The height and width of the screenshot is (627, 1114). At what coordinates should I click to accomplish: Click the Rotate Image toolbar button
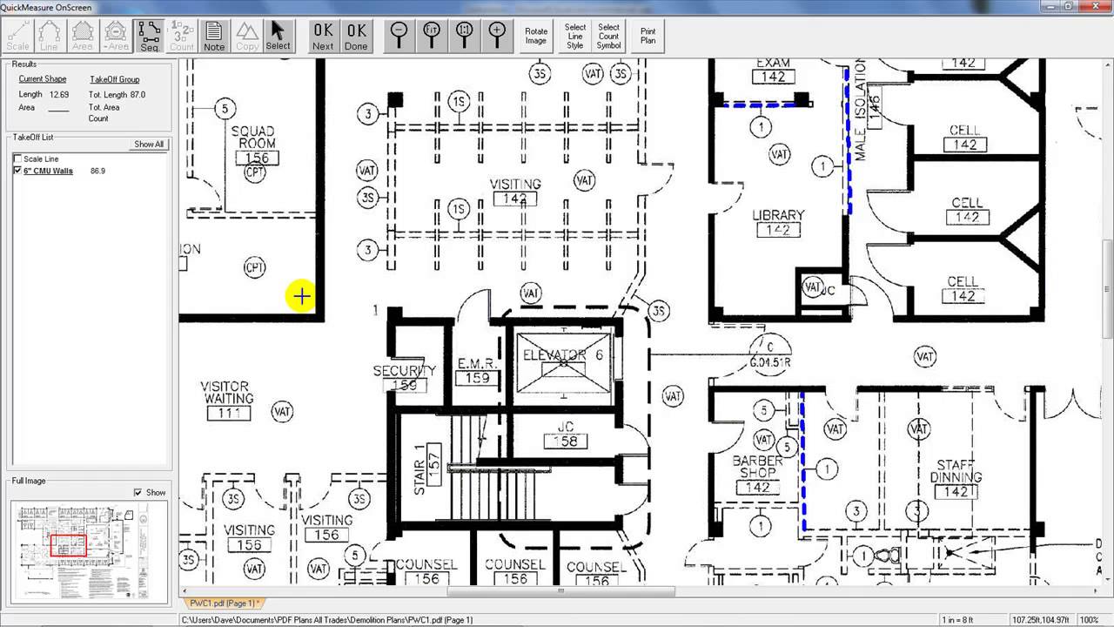point(536,36)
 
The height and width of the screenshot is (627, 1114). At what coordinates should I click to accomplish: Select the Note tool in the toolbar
point(214,36)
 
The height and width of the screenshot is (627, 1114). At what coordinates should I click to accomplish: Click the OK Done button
point(356,36)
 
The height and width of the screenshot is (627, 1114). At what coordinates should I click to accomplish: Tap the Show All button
point(149,144)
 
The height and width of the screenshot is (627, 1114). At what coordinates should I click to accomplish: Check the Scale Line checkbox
point(18,159)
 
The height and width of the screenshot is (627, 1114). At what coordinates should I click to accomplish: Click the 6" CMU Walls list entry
point(48,172)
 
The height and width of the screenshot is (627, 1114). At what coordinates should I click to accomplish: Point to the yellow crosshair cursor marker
point(301,297)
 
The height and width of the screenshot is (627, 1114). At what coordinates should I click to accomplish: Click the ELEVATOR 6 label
point(562,355)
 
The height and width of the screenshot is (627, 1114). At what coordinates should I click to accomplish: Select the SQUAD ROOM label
point(253,138)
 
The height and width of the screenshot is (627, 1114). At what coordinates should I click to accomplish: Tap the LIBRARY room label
point(778,215)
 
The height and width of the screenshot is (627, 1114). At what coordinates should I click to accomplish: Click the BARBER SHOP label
point(757,467)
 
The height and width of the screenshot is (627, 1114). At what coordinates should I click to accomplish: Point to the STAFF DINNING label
point(956,471)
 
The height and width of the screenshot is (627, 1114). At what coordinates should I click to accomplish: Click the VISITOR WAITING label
point(225,393)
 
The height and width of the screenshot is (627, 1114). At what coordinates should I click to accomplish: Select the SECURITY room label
point(404,371)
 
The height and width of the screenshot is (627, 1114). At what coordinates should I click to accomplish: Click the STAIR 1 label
point(419,470)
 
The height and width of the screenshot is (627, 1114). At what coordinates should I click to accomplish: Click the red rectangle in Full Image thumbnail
point(68,546)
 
